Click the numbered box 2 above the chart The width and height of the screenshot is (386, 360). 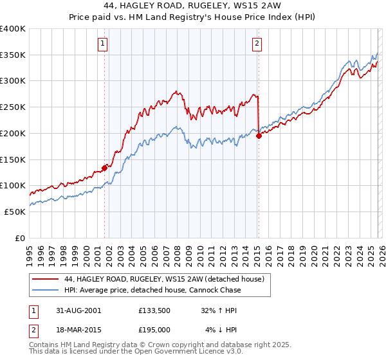point(257,44)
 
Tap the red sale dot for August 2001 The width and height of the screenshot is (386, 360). point(104,168)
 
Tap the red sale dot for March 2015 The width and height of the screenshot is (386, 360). point(258,136)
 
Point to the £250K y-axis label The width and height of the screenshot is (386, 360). point(13,107)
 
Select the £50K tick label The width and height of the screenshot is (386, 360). point(15,212)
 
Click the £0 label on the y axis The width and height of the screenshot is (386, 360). point(21,238)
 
